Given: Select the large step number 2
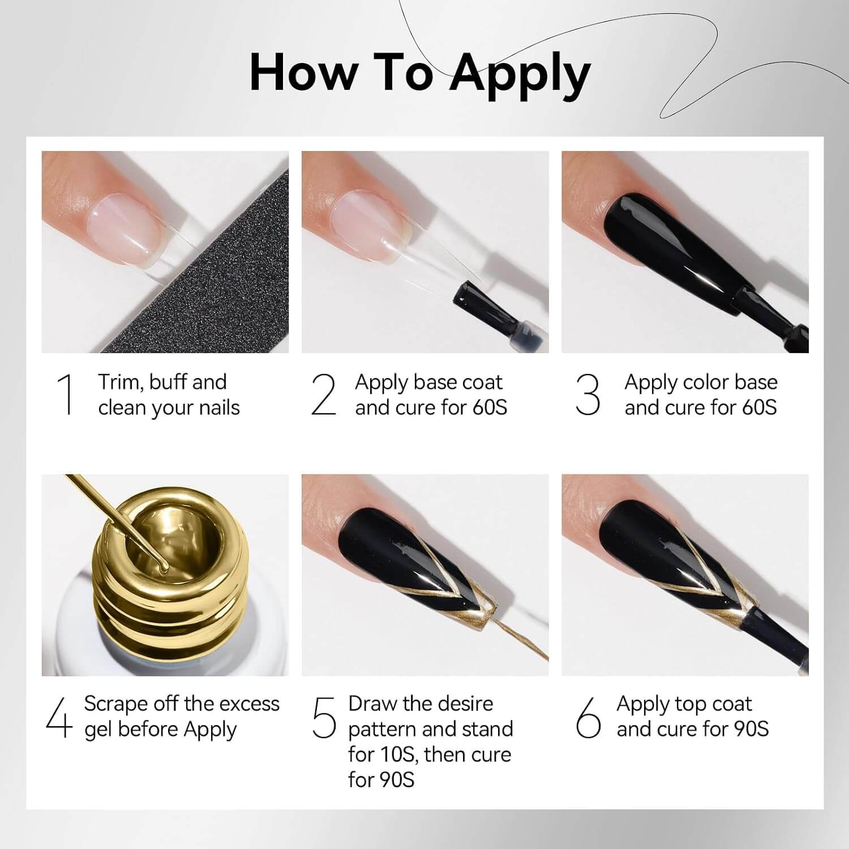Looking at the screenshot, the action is (x=324, y=394).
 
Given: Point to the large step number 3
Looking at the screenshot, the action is (x=588, y=394).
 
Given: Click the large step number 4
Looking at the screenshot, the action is (x=59, y=717).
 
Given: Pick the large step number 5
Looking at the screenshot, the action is (x=324, y=718).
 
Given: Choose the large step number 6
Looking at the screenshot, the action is (x=588, y=717).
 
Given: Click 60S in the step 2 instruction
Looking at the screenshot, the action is (x=490, y=408).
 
